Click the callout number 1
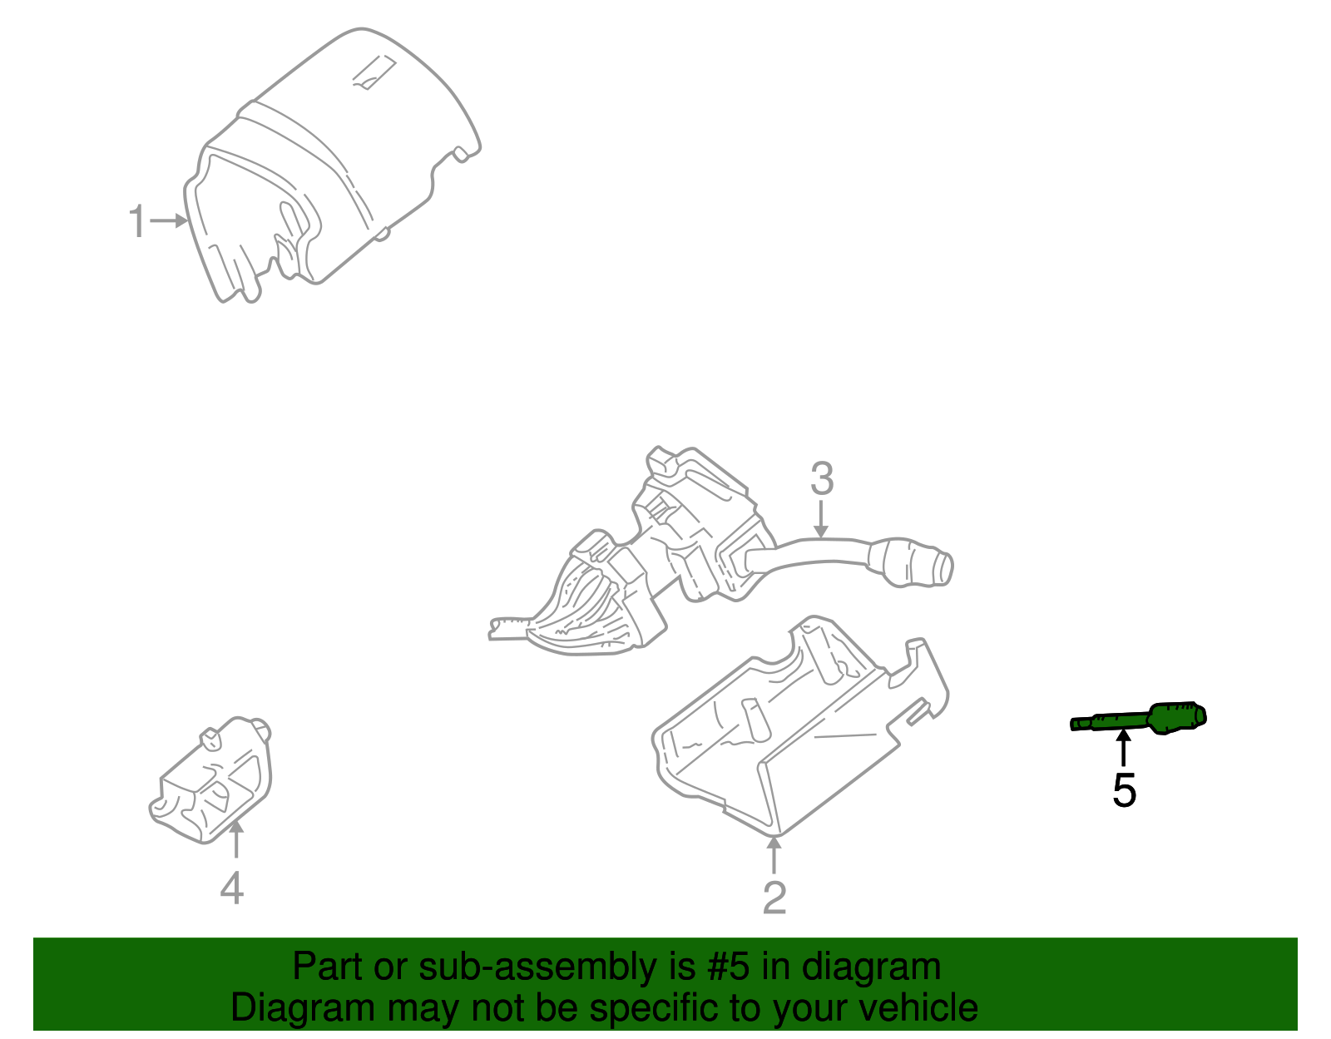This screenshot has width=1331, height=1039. (137, 222)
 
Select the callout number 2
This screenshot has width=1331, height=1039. (774, 898)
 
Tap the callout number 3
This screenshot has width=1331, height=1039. (821, 479)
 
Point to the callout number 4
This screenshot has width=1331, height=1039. (232, 888)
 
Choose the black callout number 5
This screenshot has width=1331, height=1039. (1124, 790)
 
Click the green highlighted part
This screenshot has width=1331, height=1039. (1140, 719)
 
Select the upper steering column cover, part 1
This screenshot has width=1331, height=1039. (333, 166)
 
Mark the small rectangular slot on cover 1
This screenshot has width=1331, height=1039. (374, 72)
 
